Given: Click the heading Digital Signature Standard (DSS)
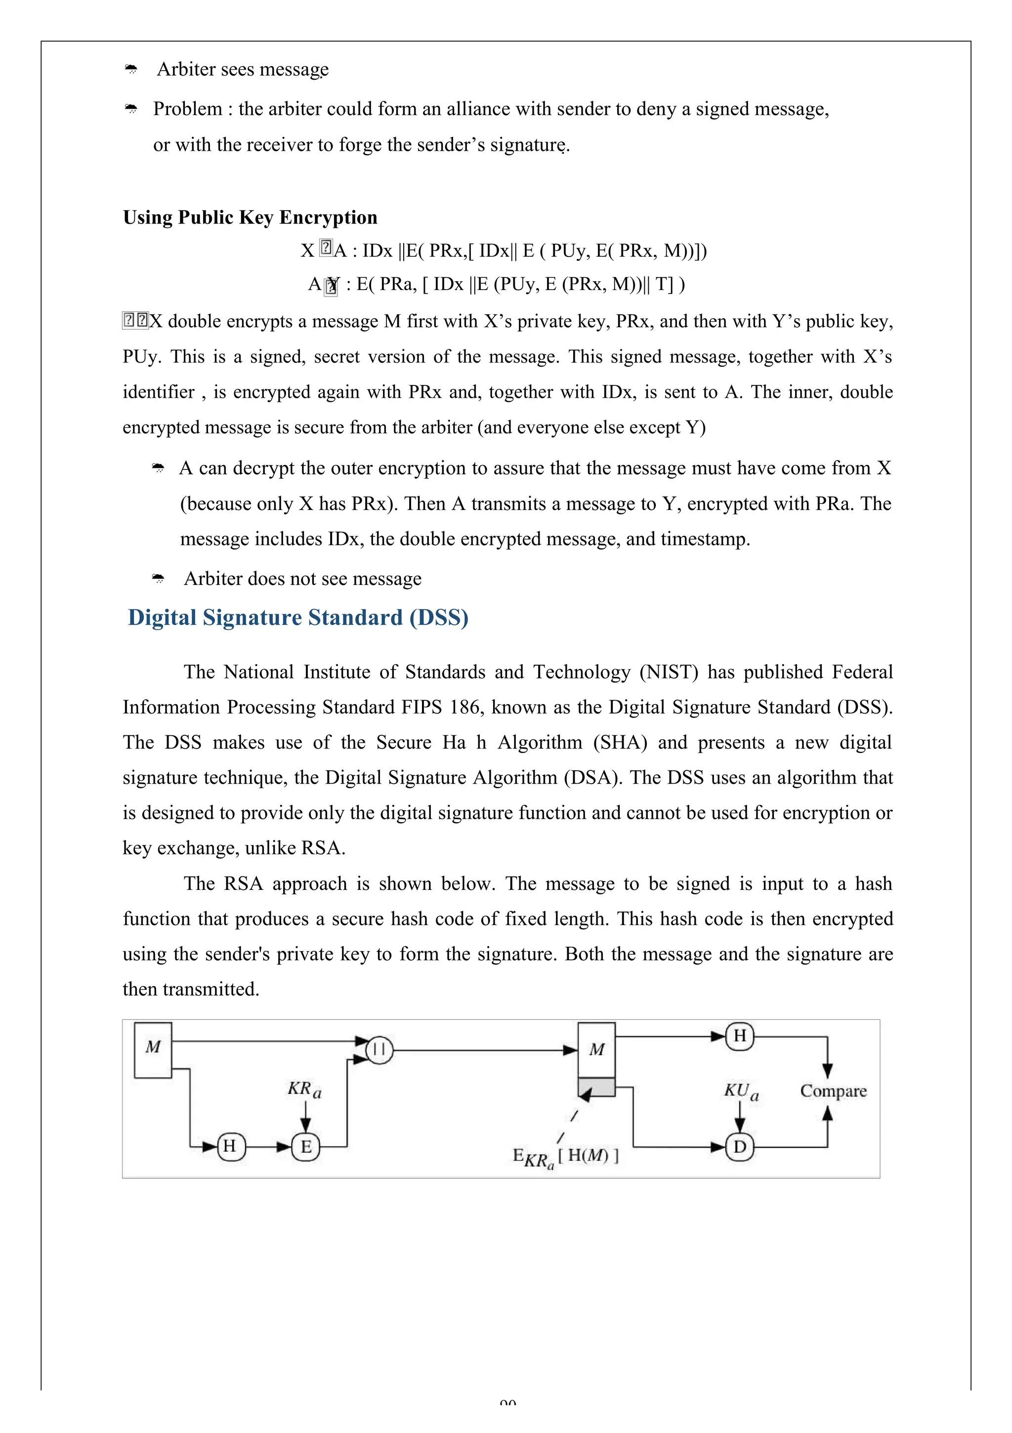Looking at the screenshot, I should click(x=298, y=617).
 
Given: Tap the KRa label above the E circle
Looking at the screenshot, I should click(x=304, y=1089).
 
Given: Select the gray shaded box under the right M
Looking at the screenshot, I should click(x=596, y=1087).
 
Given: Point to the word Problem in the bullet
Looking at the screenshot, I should click(x=187, y=109).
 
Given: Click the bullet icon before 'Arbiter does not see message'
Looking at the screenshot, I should click(x=158, y=579).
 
